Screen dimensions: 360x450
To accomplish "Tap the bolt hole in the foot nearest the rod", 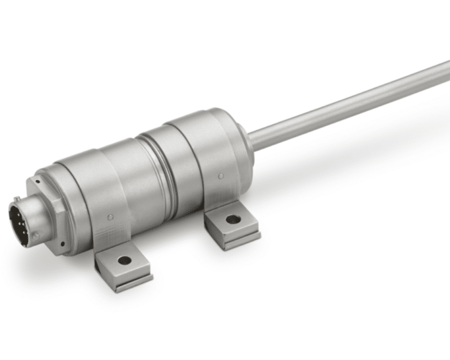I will click(233, 219).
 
